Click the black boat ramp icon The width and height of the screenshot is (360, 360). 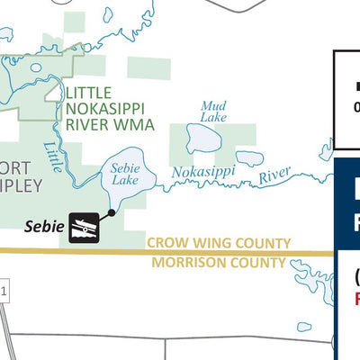(x=85, y=228)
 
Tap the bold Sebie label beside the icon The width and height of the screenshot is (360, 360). (x=43, y=228)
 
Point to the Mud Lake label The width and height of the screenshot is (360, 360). (x=213, y=111)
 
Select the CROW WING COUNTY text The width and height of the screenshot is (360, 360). (x=219, y=243)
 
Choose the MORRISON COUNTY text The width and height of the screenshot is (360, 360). (x=219, y=263)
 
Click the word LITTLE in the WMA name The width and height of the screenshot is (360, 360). (x=89, y=93)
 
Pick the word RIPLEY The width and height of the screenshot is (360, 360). (x=20, y=185)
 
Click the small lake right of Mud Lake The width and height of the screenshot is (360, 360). (x=249, y=157)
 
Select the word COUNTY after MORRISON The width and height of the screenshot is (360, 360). (x=257, y=263)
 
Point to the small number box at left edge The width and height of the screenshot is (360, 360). (x=4, y=291)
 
